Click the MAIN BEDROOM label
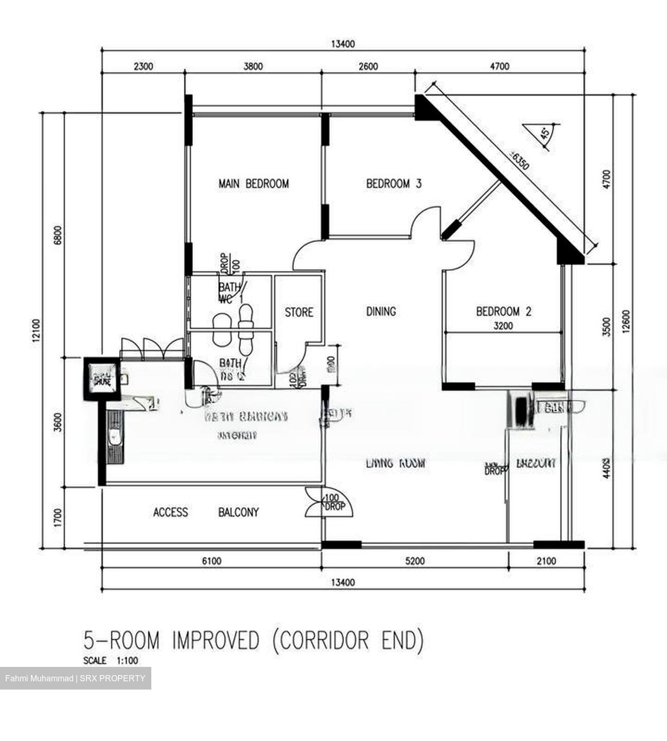(x=253, y=184)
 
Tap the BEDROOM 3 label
(x=394, y=184)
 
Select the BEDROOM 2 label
(x=503, y=311)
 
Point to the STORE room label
(x=299, y=312)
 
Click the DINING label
(x=381, y=311)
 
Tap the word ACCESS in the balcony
(x=170, y=513)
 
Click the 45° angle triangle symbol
(x=538, y=133)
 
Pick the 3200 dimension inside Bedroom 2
(x=503, y=326)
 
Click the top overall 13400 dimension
(x=342, y=44)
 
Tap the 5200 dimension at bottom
(x=415, y=561)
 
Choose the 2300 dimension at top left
(x=143, y=66)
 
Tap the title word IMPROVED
(x=216, y=641)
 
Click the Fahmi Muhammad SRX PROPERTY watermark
(x=75, y=678)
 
